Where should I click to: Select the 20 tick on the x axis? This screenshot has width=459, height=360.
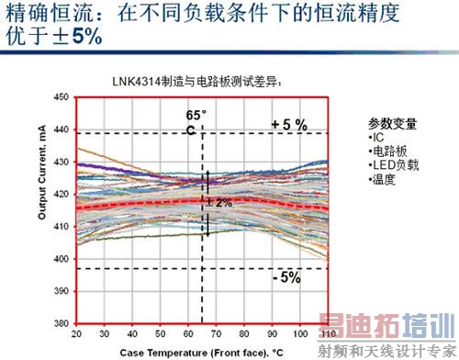tap(76, 332)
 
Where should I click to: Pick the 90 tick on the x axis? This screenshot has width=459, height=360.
tap(273, 332)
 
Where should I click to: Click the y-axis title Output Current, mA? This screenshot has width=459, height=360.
tap(42, 209)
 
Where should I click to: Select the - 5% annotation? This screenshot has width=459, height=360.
tap(286, 277)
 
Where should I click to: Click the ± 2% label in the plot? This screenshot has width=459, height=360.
tap(219, 202)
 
